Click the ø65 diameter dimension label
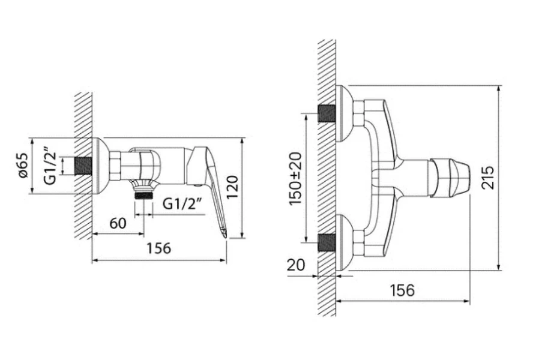tap(23, 165)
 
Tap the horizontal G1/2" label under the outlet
tap(187, 204)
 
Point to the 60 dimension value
tap(118, 224)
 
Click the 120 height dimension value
tap(234, 188)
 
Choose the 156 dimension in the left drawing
tap(159, 248)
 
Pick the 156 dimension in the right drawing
tap(402, 290)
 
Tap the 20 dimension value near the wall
tap(296, 265)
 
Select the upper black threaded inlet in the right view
tap(327, 113)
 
